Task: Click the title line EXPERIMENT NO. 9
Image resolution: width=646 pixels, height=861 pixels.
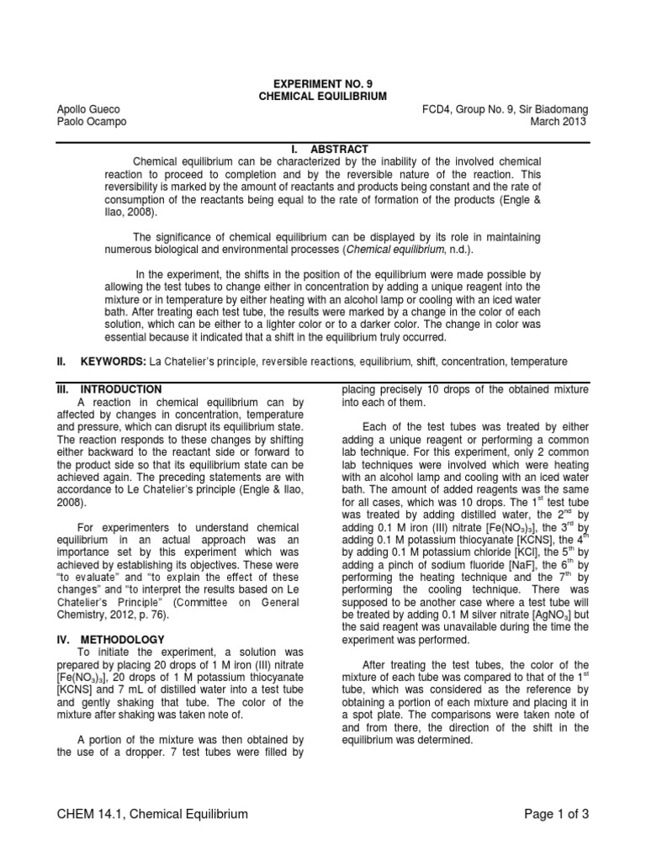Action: click(x=322, y=84)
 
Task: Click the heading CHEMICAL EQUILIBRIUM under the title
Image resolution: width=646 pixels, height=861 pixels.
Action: click(x=322, y=97)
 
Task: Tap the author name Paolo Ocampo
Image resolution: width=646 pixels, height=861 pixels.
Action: click(x=88, y=122)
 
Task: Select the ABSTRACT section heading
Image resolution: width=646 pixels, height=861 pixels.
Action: click(x=341, y=149)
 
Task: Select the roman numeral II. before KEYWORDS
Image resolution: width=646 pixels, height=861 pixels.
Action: click(x=61, y=362)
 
